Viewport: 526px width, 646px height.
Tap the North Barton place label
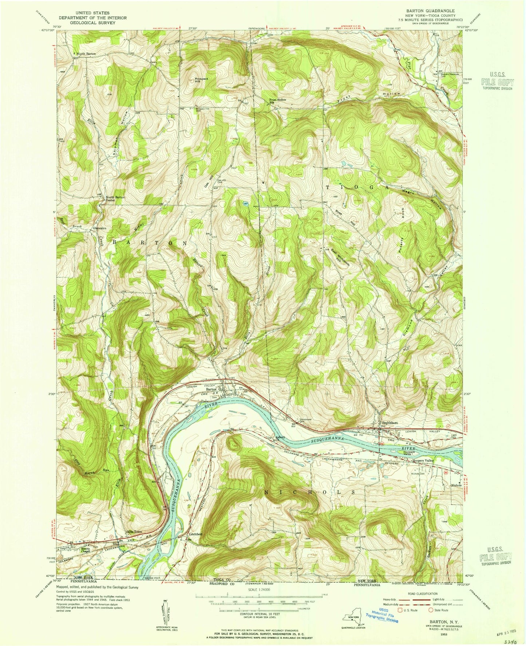pyautogui.click(x=86, y=54)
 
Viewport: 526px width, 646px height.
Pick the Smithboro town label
pyautogui.click(x=389, y=423)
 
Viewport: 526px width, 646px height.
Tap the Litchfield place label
pyautogui.click(x=195, y=534)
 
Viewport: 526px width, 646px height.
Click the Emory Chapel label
pyautogui.click(x=86, y=549)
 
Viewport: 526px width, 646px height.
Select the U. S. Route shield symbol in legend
pyautogui.click(x=402, y=610)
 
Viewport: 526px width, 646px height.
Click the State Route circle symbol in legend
pyautogui.click(x=430, y=610)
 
